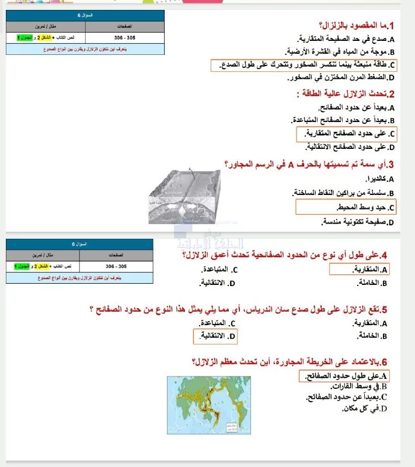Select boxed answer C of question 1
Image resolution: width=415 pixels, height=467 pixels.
(x=304, y=64)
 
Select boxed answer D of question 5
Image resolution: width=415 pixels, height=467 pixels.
(x=215, y=336)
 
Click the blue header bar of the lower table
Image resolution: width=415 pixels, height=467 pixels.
(x=81, y=244)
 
